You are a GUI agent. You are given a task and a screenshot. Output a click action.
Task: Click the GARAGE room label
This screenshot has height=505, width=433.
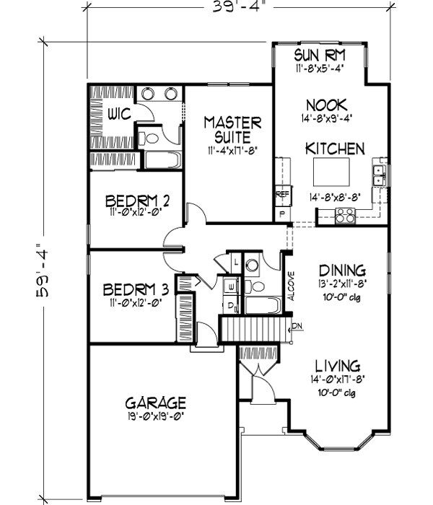[156, 402]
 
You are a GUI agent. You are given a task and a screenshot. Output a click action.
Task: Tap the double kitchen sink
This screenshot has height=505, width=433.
[378, 173]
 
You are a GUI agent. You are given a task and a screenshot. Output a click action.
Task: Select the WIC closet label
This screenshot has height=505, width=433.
[119, 114]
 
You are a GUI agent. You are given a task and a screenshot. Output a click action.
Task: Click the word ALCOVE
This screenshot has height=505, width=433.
[289, 285]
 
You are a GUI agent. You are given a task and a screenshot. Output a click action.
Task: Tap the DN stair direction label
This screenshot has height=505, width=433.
[297, 327]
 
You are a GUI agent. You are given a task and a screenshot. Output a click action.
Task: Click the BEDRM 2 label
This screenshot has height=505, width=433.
[136, 200]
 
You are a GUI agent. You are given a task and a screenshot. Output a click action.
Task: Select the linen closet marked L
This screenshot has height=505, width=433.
[237, 261]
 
